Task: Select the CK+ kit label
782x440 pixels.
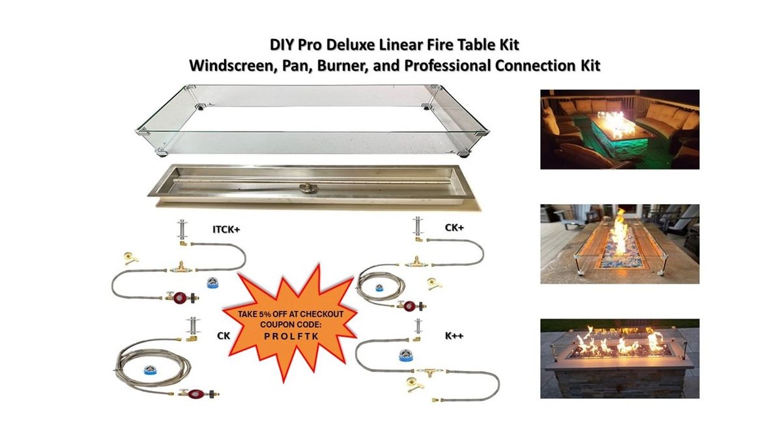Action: click(454, 228)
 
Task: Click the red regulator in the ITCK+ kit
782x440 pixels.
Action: click(182, 297)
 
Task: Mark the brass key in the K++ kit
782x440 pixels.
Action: click(412, 383)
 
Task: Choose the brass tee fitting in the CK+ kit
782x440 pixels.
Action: click(414, 263)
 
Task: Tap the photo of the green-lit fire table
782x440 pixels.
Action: click(619, 129)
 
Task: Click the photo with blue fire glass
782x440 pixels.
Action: click(619, 244)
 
